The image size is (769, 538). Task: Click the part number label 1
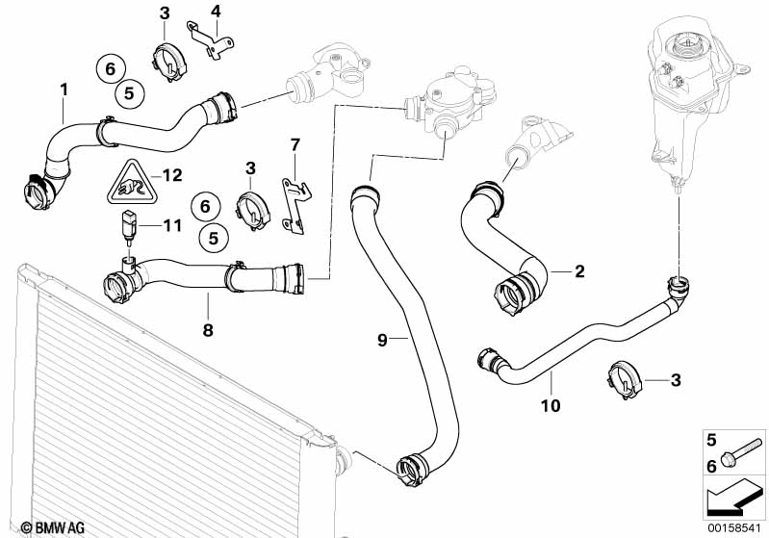pos(64,90)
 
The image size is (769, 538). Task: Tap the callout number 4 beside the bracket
pos(216,12)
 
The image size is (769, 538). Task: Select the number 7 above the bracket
pos(295,144)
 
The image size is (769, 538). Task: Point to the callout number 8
pos(207,329)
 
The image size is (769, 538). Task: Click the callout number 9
pos(382,339)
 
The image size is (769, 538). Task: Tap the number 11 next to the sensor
pos(171,226)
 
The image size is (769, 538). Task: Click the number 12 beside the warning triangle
pos(171,175)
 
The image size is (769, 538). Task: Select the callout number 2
pos(579,272)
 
